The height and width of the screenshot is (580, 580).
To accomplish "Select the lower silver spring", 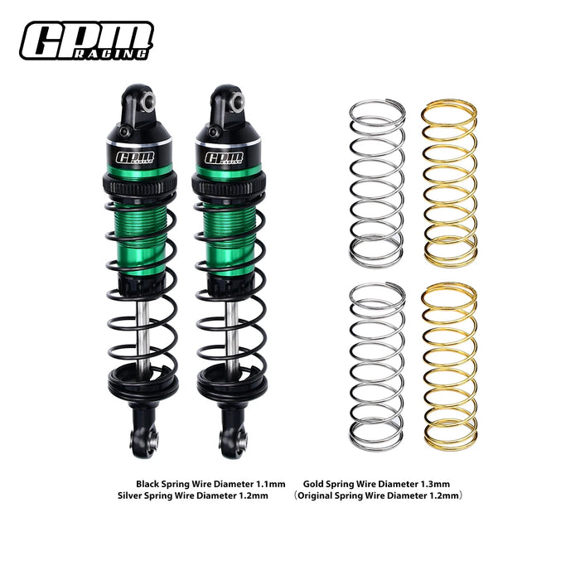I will (377, 365).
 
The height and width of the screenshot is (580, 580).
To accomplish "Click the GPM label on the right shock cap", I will (221, 157).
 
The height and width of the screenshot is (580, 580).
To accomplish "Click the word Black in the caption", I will (148, 483).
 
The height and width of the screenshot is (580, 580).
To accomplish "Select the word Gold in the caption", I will (313, 483).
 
